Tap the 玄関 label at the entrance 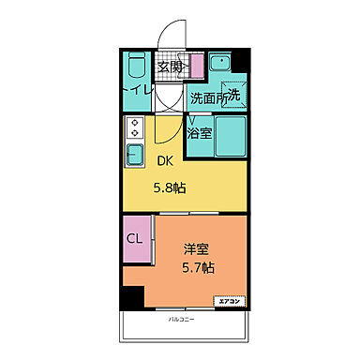point(170,67)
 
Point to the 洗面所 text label point(209,97)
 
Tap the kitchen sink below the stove point(133,152)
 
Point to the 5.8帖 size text point(170,187)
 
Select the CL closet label point(135,238)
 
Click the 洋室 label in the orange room point(195,249)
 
